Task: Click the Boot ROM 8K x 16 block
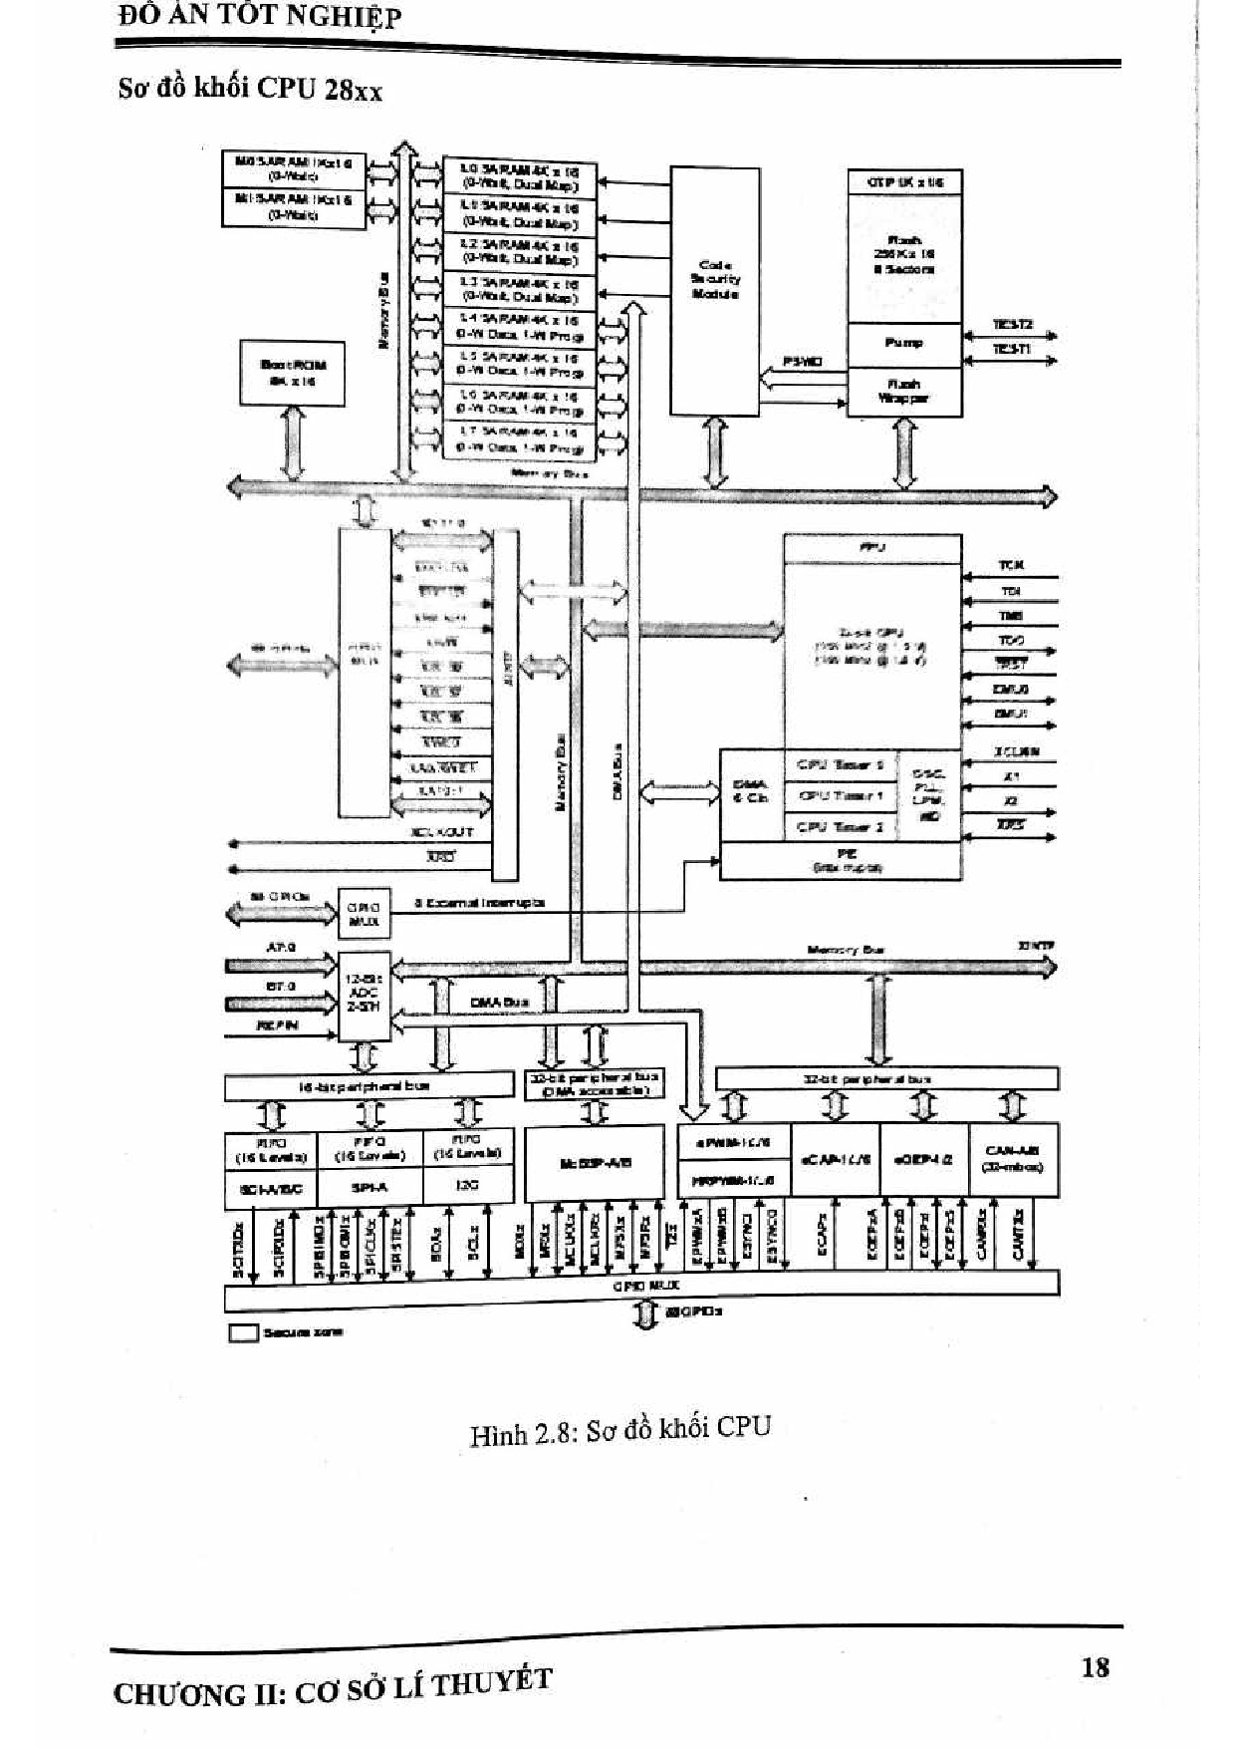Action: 293,372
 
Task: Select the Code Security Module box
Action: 715,290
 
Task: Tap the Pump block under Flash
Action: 903,344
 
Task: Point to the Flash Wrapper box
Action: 903,391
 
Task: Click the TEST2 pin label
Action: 1013,325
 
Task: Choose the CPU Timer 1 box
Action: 840,796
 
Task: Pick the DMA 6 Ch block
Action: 751,792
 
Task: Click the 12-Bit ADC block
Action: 364,993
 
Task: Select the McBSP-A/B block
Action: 595,1163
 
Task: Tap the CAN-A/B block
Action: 1012,1158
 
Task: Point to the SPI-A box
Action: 370,1187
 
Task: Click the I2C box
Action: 468,1186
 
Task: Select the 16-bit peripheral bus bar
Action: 368,1086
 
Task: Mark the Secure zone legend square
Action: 243,1332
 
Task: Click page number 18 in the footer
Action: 1095,1666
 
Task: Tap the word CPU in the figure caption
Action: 743,1427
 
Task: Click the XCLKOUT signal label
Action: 442,832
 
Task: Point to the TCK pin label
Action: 1011,565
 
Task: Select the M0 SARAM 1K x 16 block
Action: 294,167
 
